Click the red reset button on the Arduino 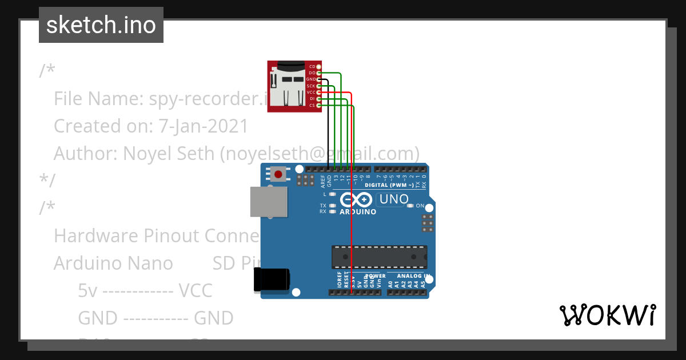pos(279,174)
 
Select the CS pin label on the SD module pos(312,105)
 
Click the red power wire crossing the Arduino pos(351,229)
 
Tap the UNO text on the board pos(394,199)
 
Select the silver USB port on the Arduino pos(269,202)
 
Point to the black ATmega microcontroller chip pos(379,257)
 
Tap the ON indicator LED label pos(420,206)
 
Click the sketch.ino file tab pos(101,25)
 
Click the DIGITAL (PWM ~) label pos(389,185)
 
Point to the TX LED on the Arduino pos(332,205)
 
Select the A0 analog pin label pos(390,283)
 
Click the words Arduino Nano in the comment pos(113,263)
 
